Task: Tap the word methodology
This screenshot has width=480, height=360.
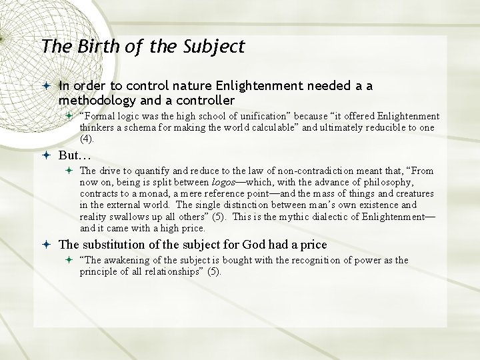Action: [98, 100]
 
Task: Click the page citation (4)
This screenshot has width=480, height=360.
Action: [87, 139]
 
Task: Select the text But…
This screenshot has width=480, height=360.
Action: [74, 155]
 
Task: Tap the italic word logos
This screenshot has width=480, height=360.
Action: [223, 182]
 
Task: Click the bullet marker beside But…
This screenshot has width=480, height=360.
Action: [47, 155]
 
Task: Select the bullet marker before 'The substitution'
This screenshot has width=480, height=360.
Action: [47, 244]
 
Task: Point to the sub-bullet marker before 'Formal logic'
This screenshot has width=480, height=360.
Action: [69, 116]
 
